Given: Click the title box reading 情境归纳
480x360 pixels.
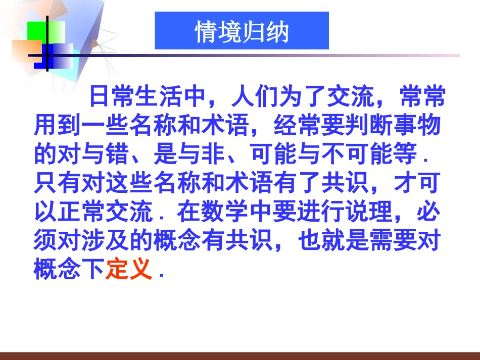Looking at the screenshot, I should tap(242, 31).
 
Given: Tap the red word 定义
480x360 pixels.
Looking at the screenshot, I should tap(129, 271).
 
